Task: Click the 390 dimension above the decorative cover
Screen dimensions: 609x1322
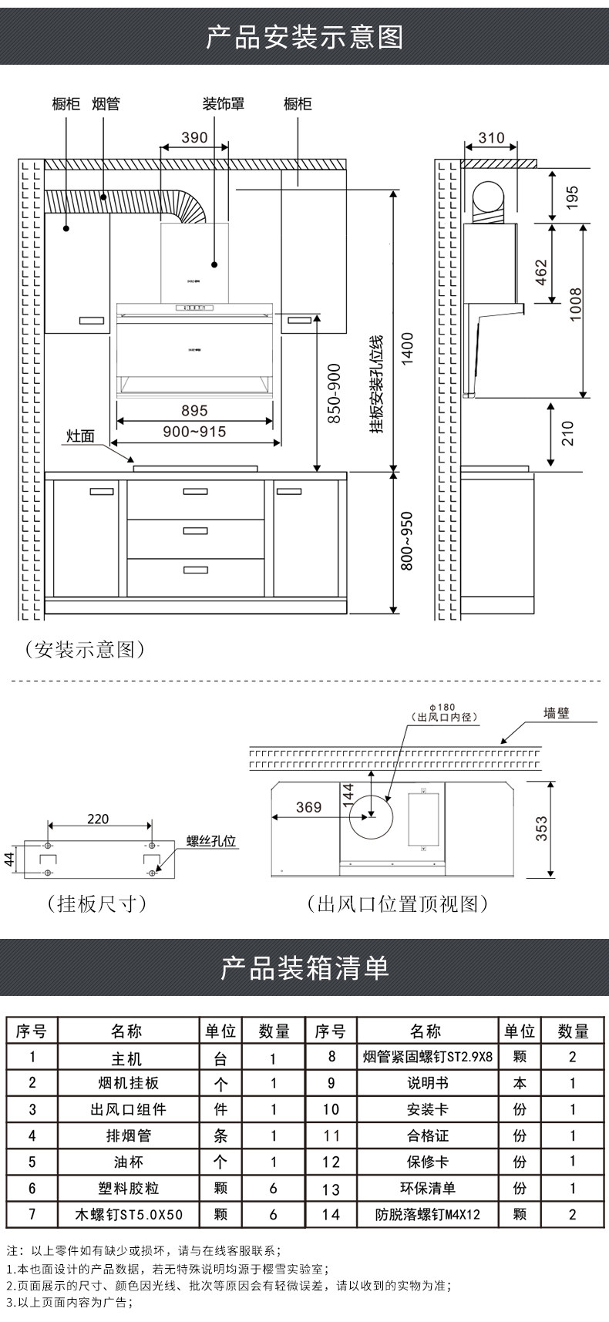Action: (x=194, y=137)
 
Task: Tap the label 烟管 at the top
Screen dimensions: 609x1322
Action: (x=106, y=103)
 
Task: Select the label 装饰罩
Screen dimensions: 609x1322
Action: (x=224, y=103)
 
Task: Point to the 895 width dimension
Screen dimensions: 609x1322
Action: (x=194, y=411)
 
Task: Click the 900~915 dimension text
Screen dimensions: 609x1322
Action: (x=194, y=432)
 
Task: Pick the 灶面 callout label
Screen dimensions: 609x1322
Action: (x=80, y=436)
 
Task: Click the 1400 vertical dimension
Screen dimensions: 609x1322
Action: (x=407, y=350)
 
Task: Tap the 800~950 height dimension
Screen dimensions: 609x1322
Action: (x=407, y=541)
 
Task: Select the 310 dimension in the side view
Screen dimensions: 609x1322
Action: (x=491, y=138)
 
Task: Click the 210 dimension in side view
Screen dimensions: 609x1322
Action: (x=568, y=433)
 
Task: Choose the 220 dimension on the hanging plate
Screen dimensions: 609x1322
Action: (x=98, y=819)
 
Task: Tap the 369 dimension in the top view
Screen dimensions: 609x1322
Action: (x=308, y=807)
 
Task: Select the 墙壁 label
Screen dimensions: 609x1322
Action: (x=557, y=714)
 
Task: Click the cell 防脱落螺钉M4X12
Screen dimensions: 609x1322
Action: (x=428, y=1214)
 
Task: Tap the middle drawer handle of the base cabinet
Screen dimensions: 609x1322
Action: (x=195, y=530)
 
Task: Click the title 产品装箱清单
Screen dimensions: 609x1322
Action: (x=304, y=967)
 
